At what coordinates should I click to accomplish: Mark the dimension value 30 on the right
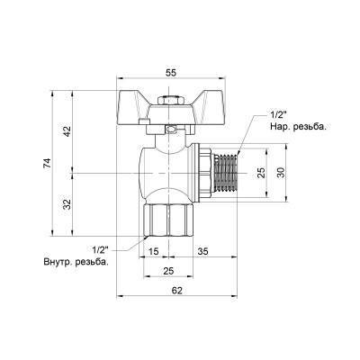pos(279,172)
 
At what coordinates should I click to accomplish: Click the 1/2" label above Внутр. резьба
pos(100,249)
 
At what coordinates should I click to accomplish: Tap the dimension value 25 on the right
pos(261,172)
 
